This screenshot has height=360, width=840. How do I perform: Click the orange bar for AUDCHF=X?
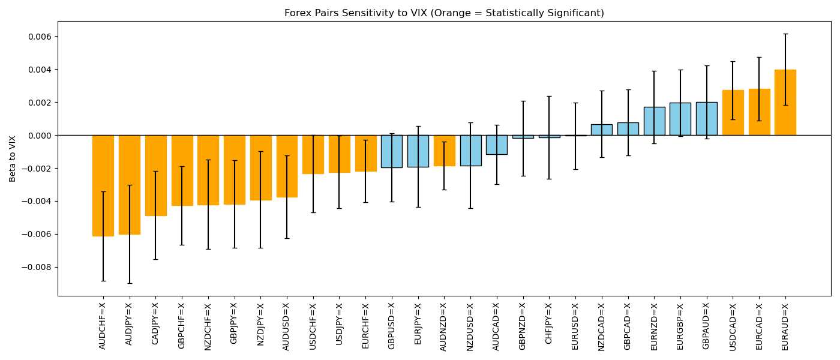pos(103,185)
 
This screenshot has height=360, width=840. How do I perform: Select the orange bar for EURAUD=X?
pos(785,102)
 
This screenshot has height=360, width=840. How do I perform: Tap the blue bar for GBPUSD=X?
pos(392,151)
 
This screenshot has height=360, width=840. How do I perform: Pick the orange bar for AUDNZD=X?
pos(445,151)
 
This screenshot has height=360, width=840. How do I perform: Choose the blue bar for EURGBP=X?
pos(680,119)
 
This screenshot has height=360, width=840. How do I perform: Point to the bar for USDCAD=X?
pos(733,113)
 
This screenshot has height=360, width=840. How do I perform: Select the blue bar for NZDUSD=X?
pos(471,151)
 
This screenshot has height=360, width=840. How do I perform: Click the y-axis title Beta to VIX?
pos(13,158)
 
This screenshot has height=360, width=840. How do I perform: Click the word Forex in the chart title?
pos(296,13)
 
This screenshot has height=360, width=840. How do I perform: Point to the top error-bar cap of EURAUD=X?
pos(785,34)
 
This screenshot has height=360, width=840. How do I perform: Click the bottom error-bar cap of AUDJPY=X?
pos(130,283)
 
